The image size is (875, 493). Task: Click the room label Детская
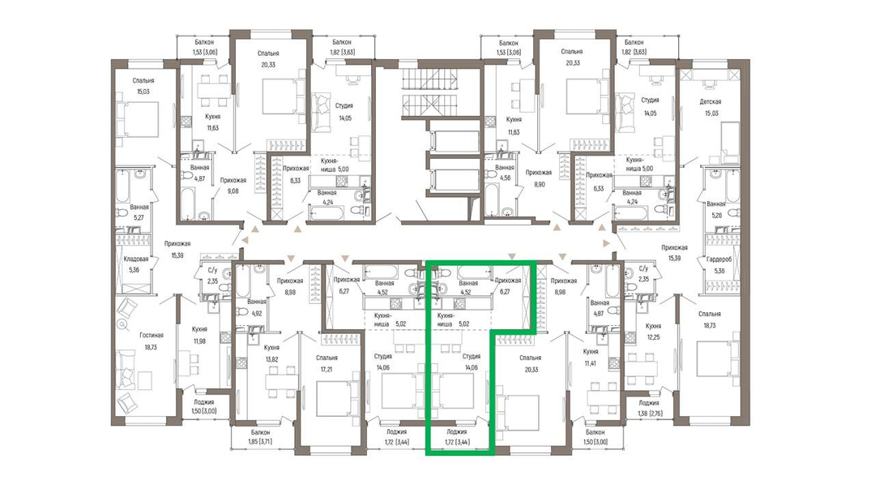click(x=711, y=101)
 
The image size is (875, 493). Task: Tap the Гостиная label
click(x=152, y=335)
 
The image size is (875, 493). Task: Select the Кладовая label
click(x=135, y=259)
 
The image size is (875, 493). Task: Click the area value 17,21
click(x=327, y=369)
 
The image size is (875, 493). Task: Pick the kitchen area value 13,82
click(x=271, y=359)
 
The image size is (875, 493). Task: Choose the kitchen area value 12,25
click(x=653, y=337)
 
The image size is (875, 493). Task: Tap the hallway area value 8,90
click(x=539, y=183)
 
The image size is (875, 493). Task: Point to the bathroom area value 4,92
click(x=256, y=313)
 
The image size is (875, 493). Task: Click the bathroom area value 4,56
click(x=505, y=178)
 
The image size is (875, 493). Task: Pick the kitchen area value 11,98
click(x=199, y=341)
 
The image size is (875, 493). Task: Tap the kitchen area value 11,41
click(x=591, y=363)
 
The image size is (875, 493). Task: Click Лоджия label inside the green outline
click(x=457, y=431)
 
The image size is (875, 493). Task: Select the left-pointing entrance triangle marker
click(x=244, y=239)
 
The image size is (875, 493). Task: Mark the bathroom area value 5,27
click(x=139, y=218)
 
